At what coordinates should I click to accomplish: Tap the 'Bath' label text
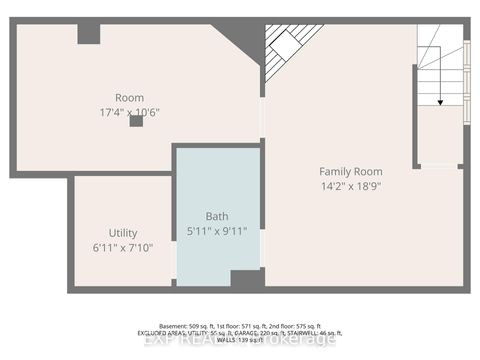(x=217, y=216)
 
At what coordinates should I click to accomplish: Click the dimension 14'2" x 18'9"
(x=350, y=186)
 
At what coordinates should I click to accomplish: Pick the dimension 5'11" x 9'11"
(x=217, y=231)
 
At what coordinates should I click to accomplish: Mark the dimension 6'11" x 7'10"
(x=123, y=247)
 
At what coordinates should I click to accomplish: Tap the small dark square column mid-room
(x=136, y=122)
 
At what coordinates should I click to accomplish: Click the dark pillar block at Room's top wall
(x=89, y=34)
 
